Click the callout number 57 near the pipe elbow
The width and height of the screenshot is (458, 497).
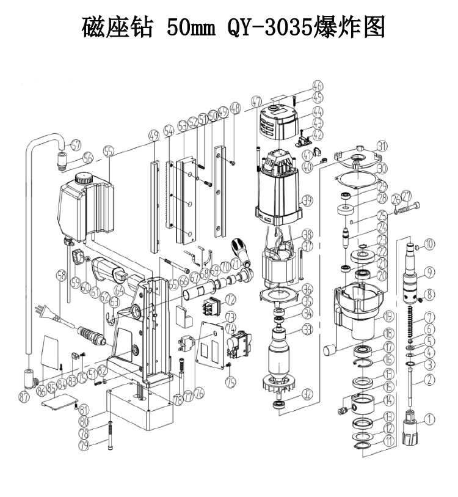point(76,145)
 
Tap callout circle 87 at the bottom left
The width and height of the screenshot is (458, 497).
point(24,397)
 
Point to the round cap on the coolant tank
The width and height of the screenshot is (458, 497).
point(82,179)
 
